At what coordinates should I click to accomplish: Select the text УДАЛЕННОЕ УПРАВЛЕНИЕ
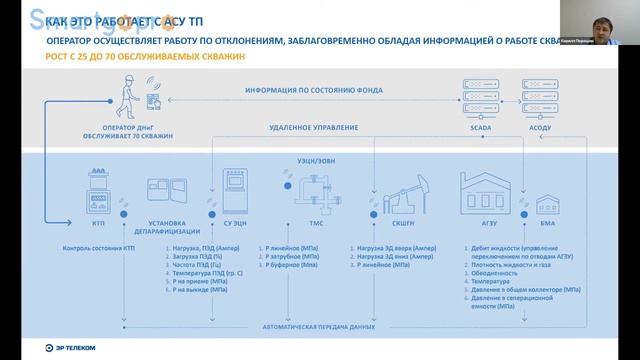pos(314,129)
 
